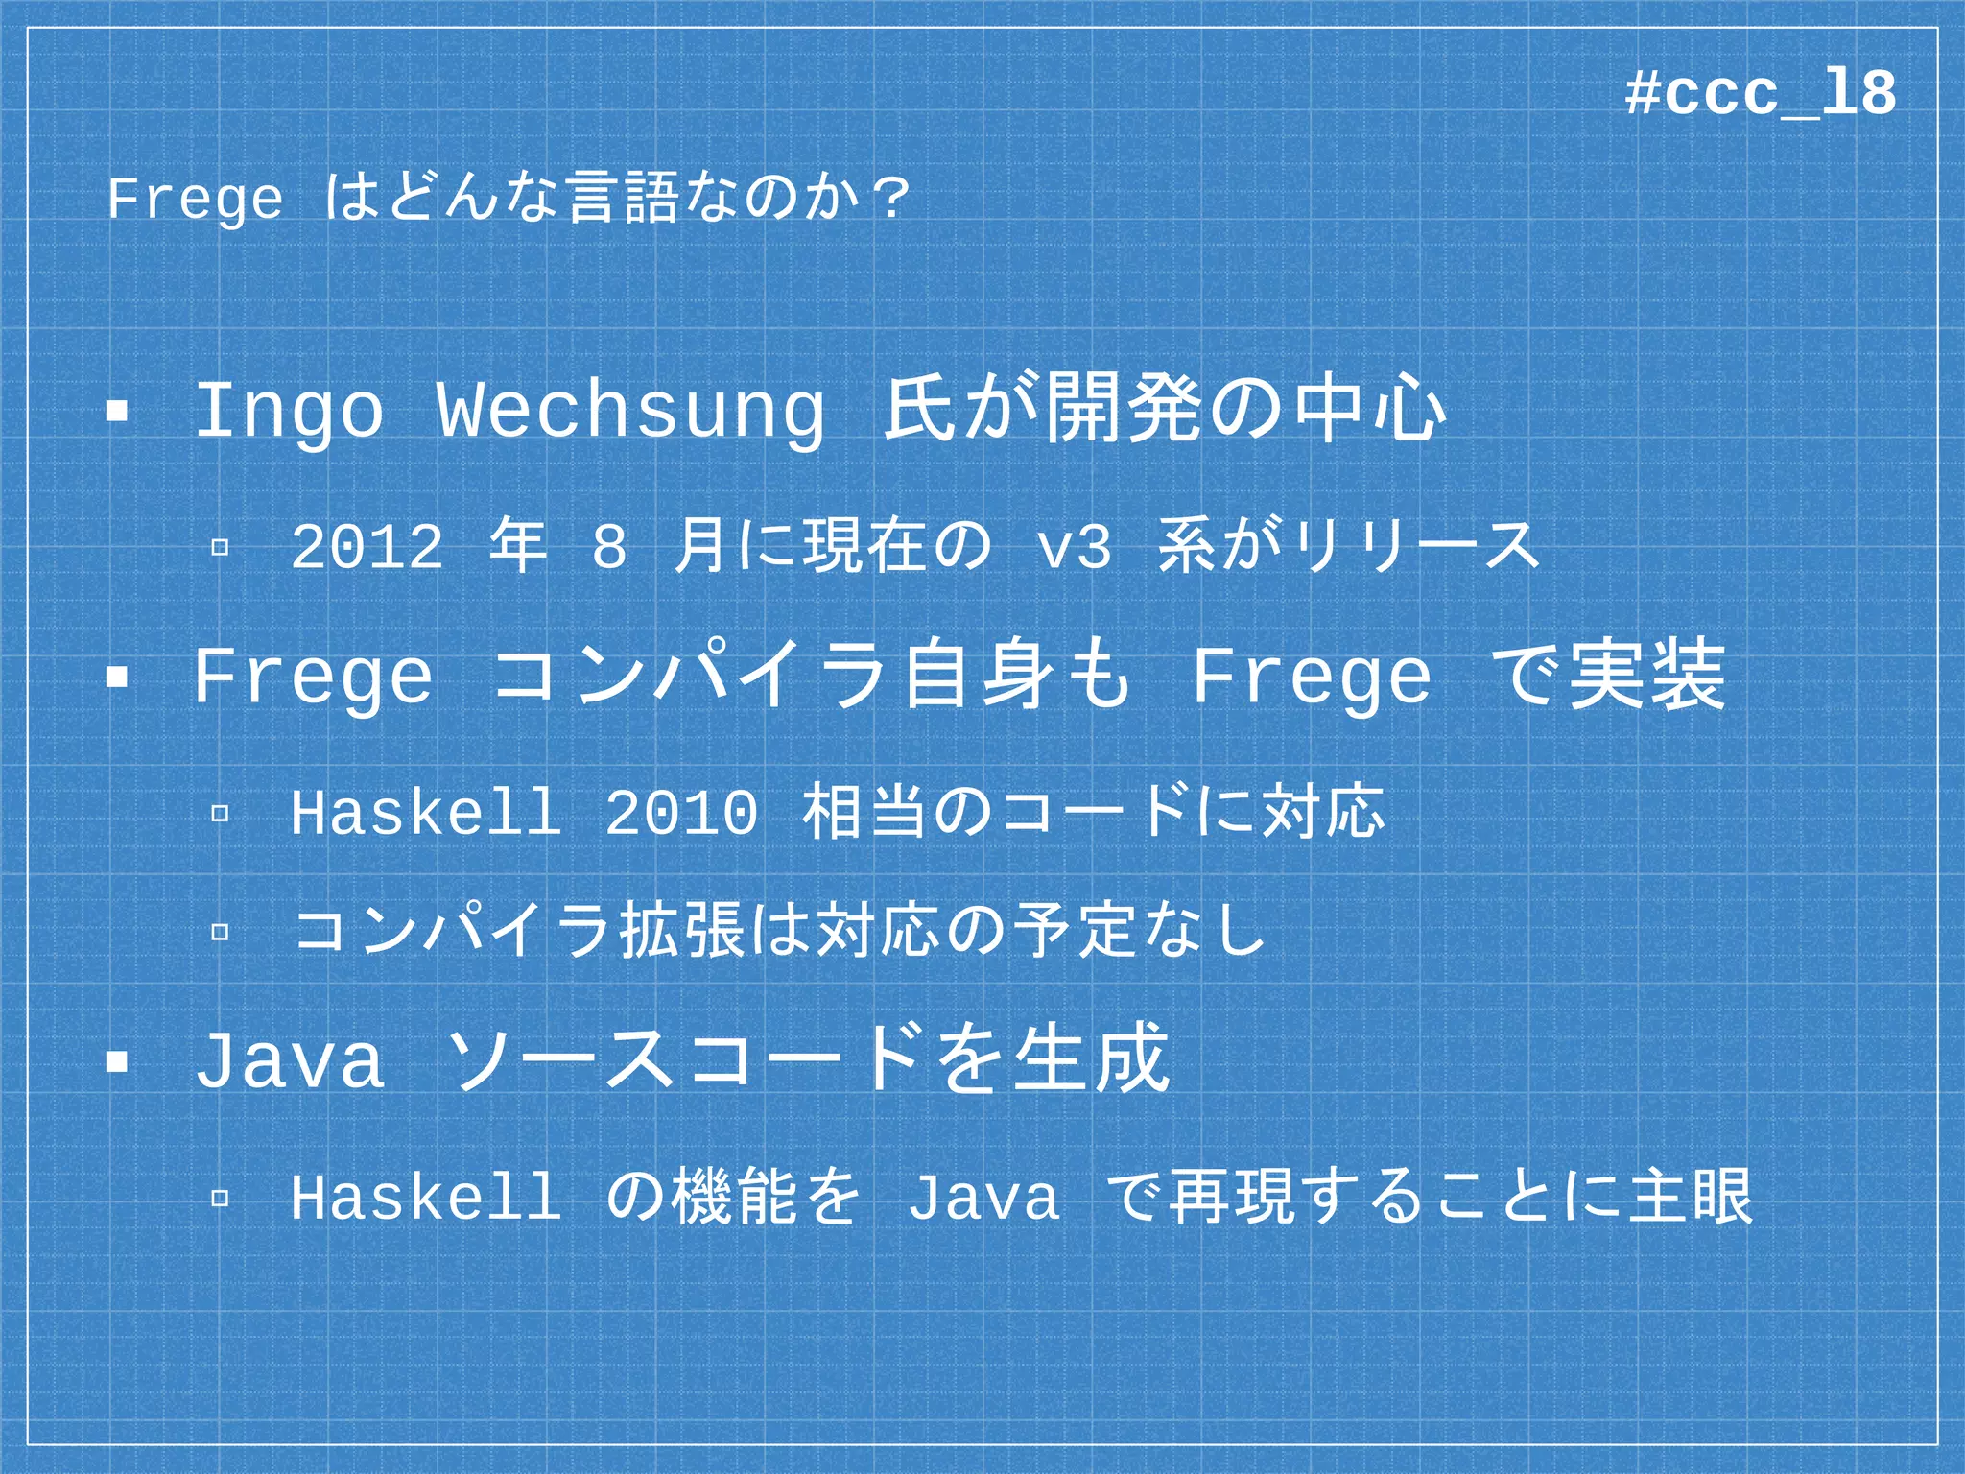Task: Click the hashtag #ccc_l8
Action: (x=1761, y=95)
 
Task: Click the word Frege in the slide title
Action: (x=196, y=200)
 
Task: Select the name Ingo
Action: (x=289, y=411)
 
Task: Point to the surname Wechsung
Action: (x=630, y=411)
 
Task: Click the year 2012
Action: (x=367, y=547)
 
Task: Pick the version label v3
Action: (x=1074, y=547)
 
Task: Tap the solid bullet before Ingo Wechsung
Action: (x=117, y=412)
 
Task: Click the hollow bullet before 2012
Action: (x=220, y=547)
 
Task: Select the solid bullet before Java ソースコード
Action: (x=117, y=1062)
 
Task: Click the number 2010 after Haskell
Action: (x=681, y=813)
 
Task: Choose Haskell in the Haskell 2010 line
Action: (x=425, y=813)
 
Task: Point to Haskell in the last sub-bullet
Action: (x=425, y=1197)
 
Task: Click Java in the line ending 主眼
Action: (x=983, y=1197)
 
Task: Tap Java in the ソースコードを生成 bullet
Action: (x=289, y=1060)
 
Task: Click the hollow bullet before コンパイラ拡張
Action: (x=220, y=931)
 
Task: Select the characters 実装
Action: (x=1646, y=677)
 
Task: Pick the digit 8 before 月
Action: (x=609, y=547)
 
